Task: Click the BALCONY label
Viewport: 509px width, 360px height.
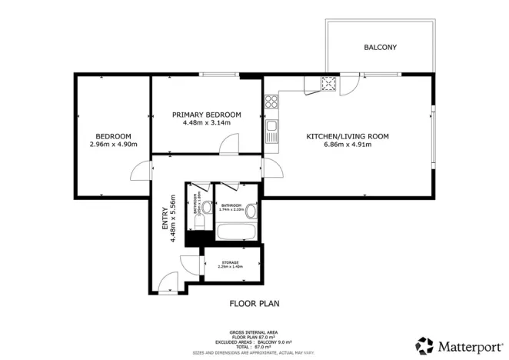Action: [x=380, y=48]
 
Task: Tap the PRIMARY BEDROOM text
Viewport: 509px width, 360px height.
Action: [x=206, y=115]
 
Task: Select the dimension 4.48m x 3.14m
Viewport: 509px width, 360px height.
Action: [x=206, y=123]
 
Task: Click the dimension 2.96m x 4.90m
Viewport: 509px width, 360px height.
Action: [x=113, y=144]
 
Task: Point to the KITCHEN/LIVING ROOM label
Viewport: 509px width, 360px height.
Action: [x=348, y=136]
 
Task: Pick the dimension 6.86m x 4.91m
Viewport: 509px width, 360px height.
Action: [x=348, y=145]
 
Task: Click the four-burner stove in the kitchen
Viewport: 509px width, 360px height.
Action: [x=271, y=101]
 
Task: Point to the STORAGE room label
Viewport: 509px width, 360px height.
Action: [x=231, y=262]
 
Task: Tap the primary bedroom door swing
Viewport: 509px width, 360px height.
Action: [x=229, y=145]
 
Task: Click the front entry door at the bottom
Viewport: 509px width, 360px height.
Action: [x=168, y=284]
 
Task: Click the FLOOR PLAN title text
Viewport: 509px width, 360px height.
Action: [x=254, y=303]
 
